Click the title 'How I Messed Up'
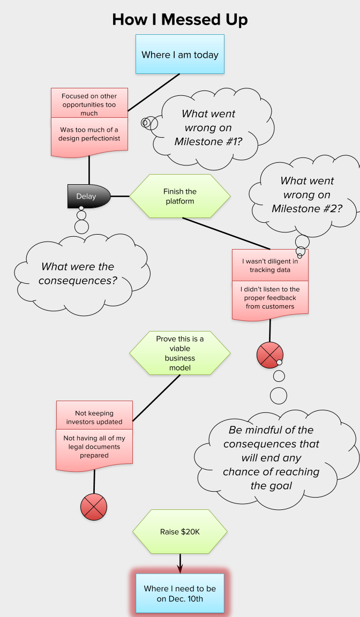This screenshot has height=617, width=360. [x=180, y=20]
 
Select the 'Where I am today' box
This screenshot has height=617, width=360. [x=180, y=54]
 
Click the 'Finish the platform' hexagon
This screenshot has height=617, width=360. [x=180, y=196]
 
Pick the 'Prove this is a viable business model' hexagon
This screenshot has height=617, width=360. [x=180, y=353]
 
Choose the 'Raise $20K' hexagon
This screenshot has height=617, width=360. [x=180, y=532]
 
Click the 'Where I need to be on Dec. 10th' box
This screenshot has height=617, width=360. [x=180, y=593]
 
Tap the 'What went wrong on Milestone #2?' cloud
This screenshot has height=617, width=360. [x=308, y=194]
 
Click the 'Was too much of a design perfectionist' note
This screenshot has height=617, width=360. [x=89, y=136]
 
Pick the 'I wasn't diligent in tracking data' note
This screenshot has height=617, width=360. [x=270, y=265]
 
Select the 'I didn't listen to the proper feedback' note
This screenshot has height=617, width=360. [x=270, y=299]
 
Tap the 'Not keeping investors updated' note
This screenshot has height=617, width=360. [x=94, y=417]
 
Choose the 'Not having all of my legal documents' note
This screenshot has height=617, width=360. [x=94, y=447]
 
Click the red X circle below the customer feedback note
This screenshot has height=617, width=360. [x=270, y=355]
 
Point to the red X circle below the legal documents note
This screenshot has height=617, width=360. [x=94, y=507]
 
